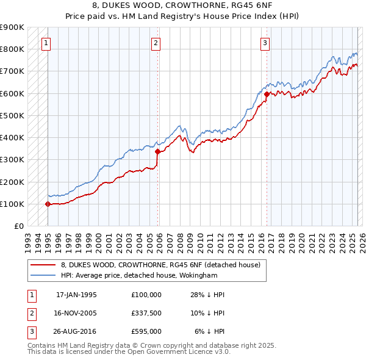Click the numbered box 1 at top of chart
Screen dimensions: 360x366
point(47,43)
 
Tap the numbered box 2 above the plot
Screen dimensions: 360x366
point(156,43)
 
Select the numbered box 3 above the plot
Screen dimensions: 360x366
point(265,43)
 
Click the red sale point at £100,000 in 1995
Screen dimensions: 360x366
point(48,204)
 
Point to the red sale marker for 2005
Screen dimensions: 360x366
point(157,151)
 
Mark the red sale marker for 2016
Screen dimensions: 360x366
point(267,94)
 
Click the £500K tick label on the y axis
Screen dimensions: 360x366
point(12,115)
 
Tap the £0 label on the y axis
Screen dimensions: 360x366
point(18,226)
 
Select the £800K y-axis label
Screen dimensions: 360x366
point(12,49)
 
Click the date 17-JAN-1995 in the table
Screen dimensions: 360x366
point(76,295)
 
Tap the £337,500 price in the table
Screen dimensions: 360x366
point(146,313)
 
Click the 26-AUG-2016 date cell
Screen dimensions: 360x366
point(76,331)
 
